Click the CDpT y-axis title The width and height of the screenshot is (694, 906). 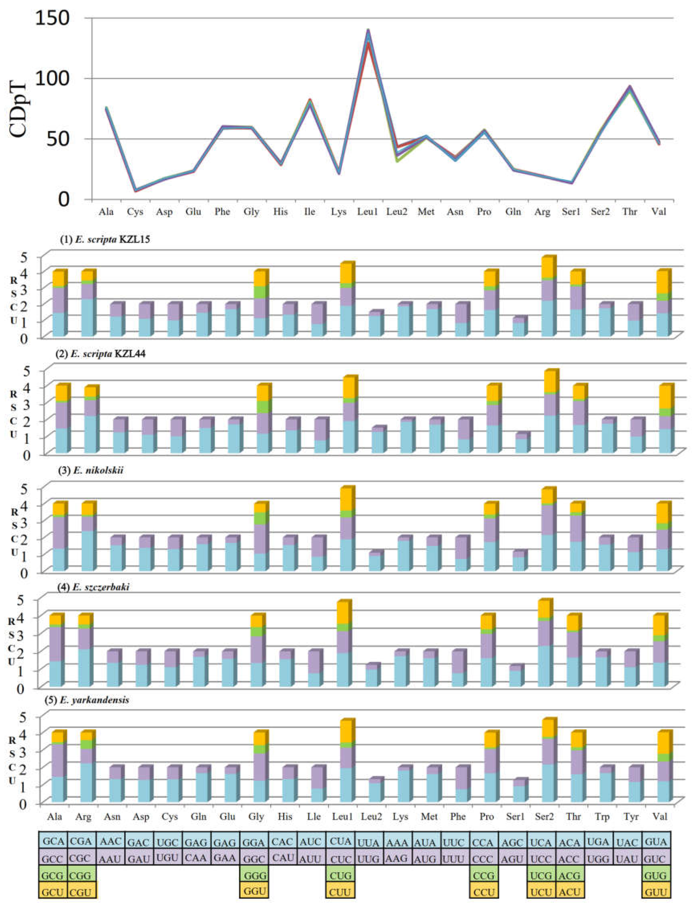(x=19, y=110)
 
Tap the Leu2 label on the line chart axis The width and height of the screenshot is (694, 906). (x=396, y=212)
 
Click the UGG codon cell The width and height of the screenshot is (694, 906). (x=598, y=858)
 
